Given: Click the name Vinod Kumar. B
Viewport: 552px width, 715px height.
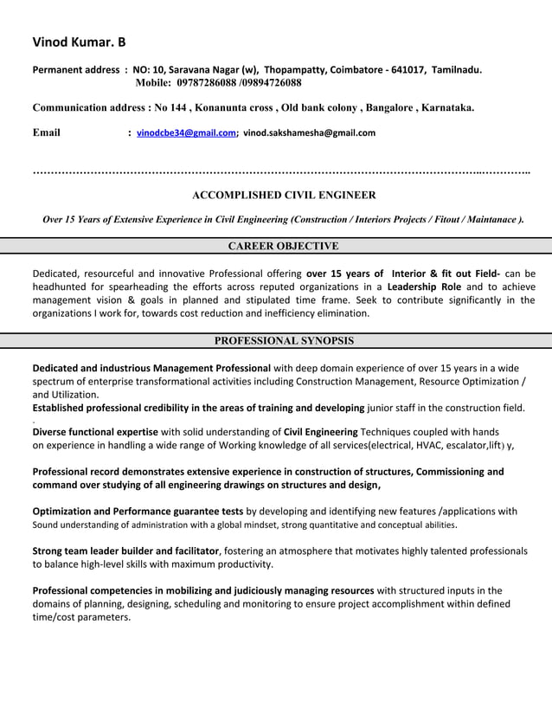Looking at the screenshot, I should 79,42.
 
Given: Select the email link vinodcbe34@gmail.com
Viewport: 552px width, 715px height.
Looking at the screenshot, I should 186,133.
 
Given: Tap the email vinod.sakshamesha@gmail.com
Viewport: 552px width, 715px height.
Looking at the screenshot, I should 309,133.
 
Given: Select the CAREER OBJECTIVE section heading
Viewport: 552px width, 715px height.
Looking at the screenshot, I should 283,246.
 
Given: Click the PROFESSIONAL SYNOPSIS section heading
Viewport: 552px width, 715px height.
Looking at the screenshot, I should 284,341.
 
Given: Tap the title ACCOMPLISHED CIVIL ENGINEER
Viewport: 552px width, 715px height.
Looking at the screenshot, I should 284,196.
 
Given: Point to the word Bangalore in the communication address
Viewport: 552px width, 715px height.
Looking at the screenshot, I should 390,108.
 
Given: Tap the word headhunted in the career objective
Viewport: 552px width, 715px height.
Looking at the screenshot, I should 60,286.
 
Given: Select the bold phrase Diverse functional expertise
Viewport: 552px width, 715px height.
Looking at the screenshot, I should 95,431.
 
